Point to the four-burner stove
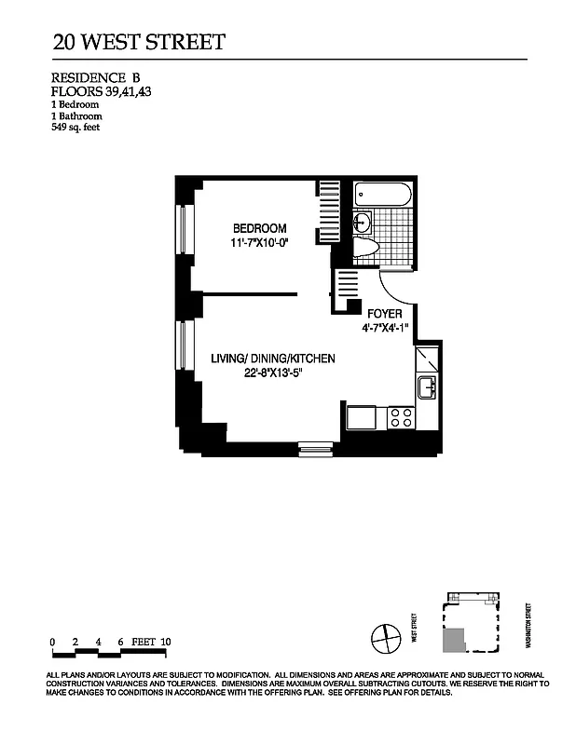tap(400, 417)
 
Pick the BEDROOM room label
tap(259, 229)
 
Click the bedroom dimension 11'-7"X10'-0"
tap(259, 243)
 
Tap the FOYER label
tap(385, 314)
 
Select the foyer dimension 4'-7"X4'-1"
tap(385, 328)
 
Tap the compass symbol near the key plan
tap(383, 640)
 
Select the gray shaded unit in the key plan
tap(454, 641)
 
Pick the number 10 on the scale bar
tap(165, 642)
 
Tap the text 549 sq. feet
tap(75, 128)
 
